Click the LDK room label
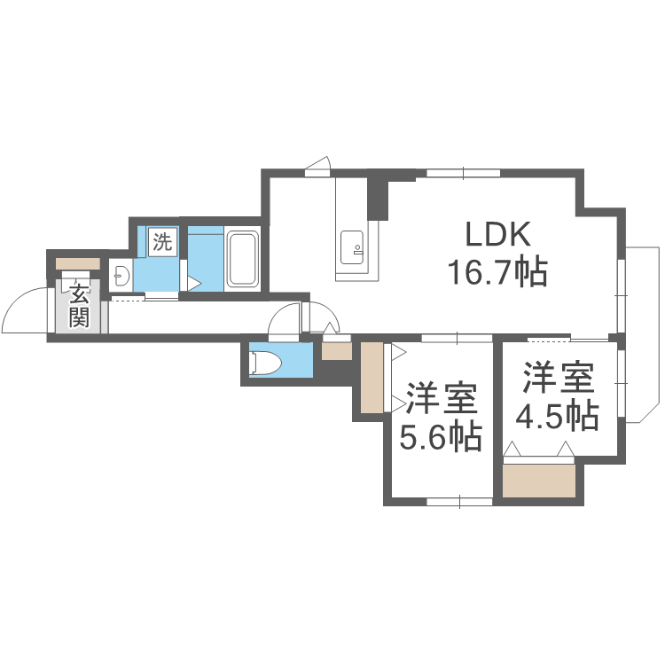click(498, 234)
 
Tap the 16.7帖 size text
click(498, 272)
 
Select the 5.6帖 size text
click(441, 436)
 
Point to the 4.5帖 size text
click(558, 416)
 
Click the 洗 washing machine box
click(162, 241)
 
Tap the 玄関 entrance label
click(79, 305)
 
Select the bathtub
click(243, 259)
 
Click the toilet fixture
click(266, 363)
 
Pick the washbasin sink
click(121, 276)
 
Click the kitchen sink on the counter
click(352, 247)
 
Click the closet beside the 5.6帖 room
click(372, 378)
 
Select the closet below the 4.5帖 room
click(538, 481)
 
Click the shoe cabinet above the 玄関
click(78, 263)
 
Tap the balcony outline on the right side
click(644, 334)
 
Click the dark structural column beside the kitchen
click(378, 195)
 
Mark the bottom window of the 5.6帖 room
click(459, 502)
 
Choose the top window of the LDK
click(463, 173)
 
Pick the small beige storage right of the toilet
click(337, 351)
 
